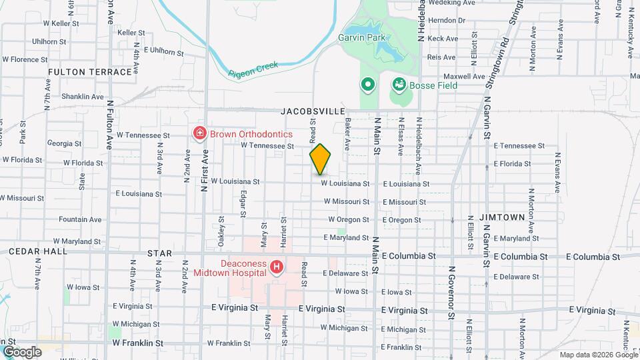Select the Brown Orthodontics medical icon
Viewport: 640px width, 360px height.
pos(199,134)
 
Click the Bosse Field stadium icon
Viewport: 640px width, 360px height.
pos(399,85)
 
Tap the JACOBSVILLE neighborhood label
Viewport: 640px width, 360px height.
pos(313,111)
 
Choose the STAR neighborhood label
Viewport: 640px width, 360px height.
pos(159,253)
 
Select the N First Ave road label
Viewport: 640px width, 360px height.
pos(205,171)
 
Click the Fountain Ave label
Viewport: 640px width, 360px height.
pos(80,219)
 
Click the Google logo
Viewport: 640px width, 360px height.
pos(22,351)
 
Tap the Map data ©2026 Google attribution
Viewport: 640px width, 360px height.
pos(598,355)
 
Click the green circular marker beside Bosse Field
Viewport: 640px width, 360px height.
pos(367,85)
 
